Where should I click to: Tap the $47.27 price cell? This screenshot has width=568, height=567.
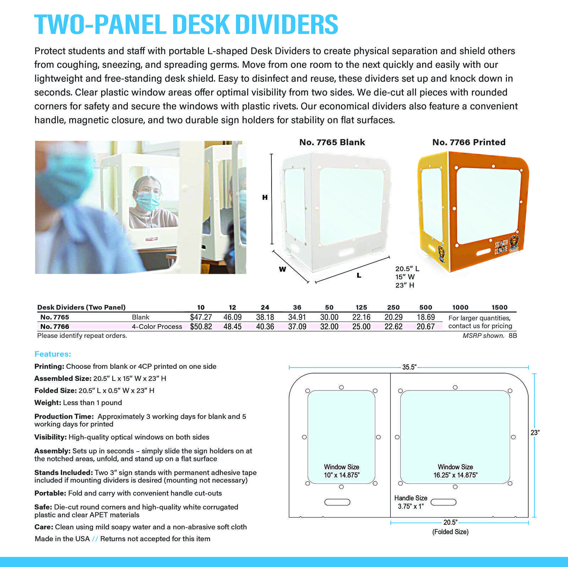[x=201, y=317]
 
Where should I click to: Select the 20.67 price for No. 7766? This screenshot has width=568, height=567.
[x=426, y=327]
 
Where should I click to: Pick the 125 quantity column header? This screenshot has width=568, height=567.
[x=361, y=307]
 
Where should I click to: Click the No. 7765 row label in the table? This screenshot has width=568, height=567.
[x=55, y=317]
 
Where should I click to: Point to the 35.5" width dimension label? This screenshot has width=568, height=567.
[x=409, y=367]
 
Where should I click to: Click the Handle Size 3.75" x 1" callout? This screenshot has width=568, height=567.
[x=411, y=502]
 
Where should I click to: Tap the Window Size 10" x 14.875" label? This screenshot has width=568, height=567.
[x=342, y=471]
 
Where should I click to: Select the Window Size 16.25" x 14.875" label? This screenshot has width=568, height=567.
[x=455, y=471]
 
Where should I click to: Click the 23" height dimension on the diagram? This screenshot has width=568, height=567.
[x=535, y=433]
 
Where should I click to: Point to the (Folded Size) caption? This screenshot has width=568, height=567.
[x=450, y=532]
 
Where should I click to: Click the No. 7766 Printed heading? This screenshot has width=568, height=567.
[x=469, y=142]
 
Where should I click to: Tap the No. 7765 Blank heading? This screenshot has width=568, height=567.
[x=332, y=142]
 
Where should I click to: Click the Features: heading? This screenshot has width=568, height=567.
[x=53, y=354]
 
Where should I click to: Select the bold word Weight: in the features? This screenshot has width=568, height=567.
[x=48, y=403]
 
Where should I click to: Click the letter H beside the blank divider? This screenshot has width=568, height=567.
[x=265, y=197]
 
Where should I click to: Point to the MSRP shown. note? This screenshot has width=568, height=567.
[x=483, y=336]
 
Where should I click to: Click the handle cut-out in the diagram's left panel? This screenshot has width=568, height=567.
[x=337, y=502]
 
